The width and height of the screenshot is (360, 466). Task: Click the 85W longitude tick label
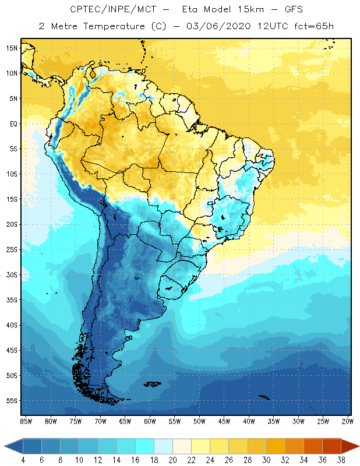pos(26,421)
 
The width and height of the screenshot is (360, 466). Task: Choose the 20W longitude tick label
pos(348,421)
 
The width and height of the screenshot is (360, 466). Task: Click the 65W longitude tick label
pos(125,421)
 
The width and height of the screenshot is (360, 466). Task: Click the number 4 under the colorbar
pos(23,460)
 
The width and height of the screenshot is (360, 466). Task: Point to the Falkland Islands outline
pos(153,384)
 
